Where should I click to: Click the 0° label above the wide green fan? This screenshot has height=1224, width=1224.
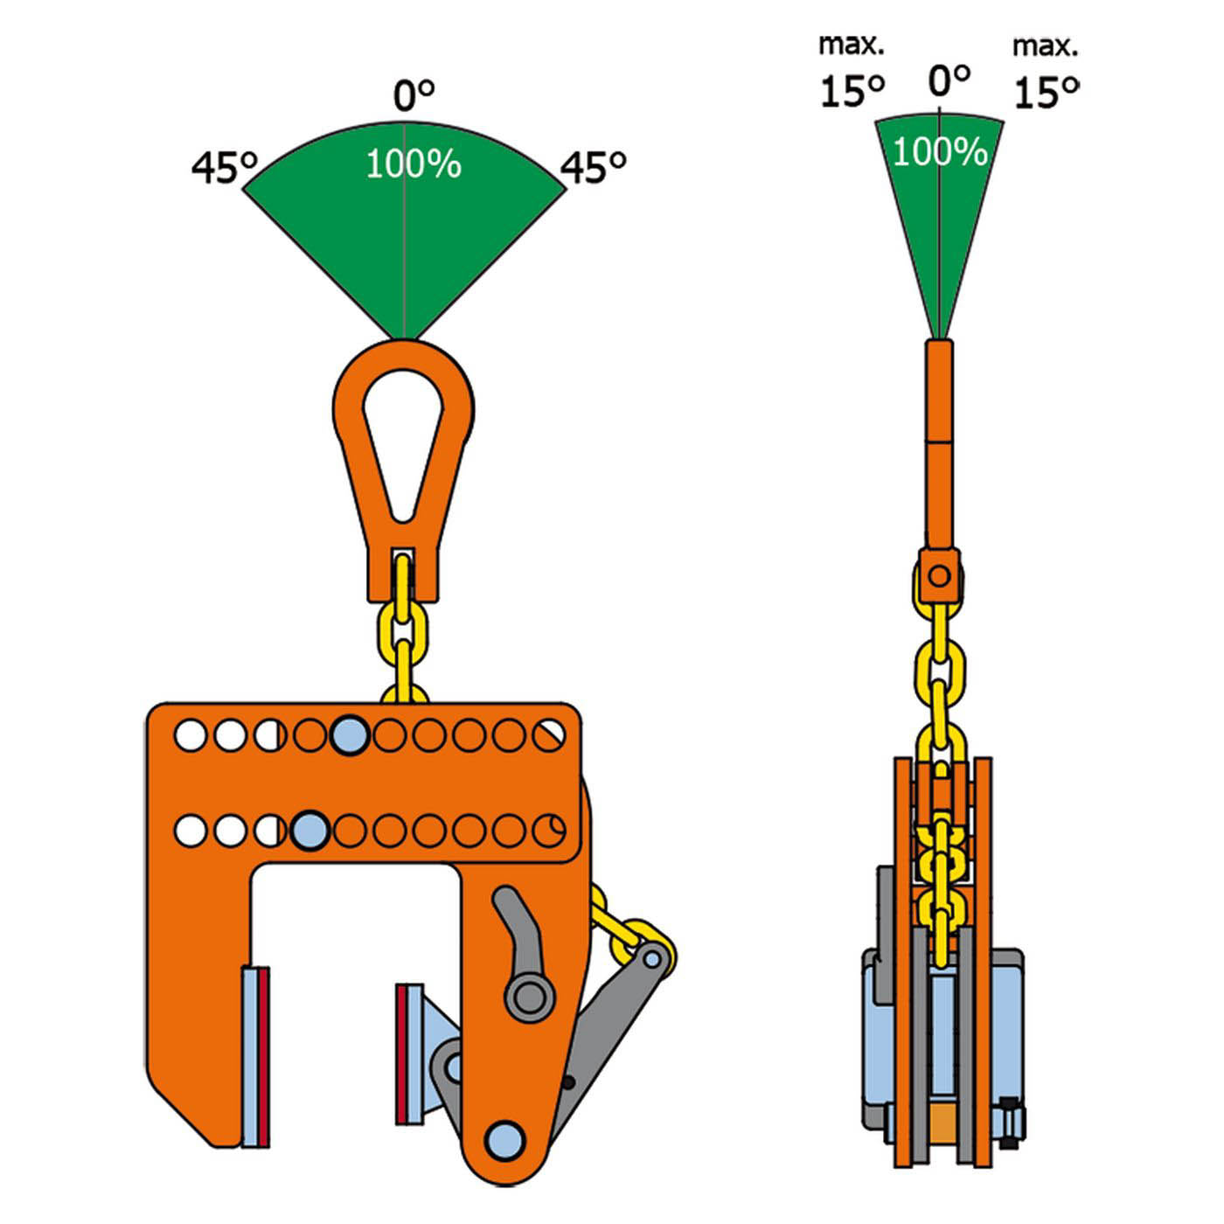point(414,95)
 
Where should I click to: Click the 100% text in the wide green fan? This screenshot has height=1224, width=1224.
point(414,164)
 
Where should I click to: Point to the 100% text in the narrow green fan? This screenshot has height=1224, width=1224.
point(940,152)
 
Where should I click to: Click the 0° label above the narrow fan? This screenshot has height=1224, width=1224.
point(949,80)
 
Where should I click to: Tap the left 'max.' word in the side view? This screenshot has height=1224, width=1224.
point(852,45)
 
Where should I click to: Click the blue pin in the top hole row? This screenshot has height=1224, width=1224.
point(350,735)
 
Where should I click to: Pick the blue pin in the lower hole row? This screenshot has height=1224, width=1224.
point(310,830)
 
